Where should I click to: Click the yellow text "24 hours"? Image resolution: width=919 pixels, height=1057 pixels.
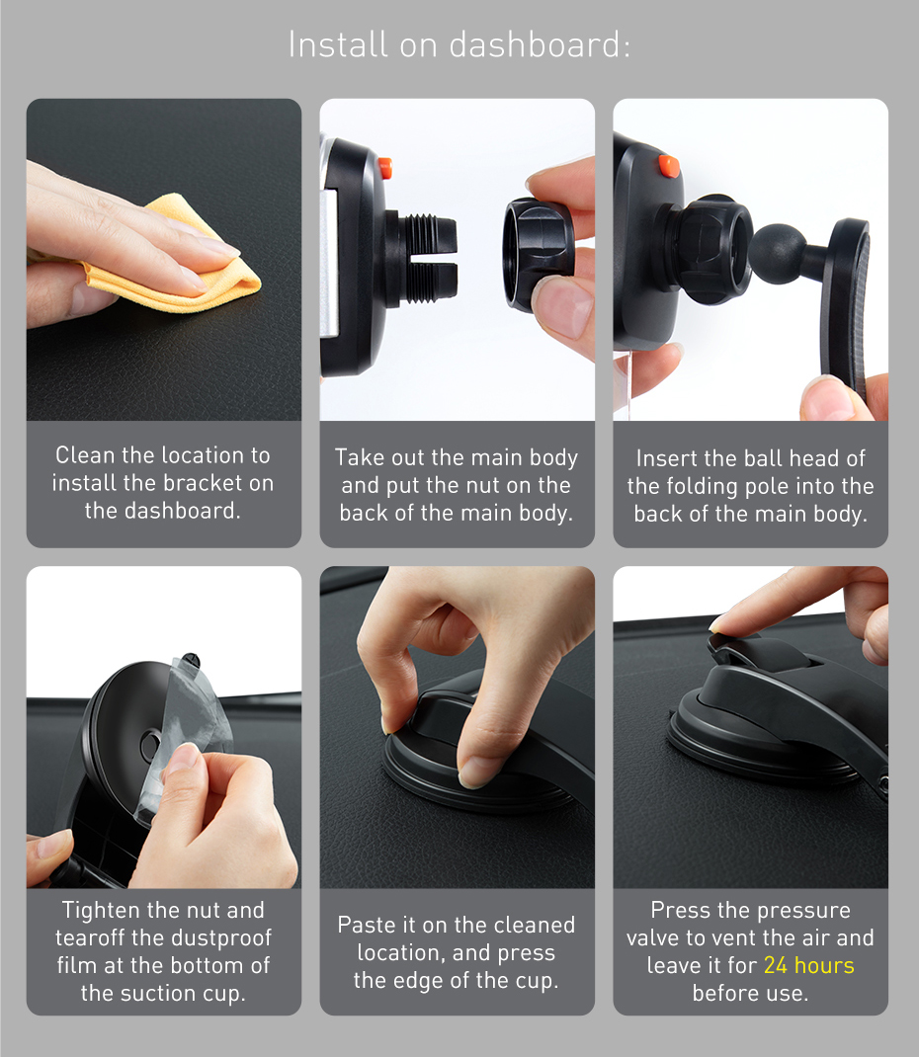coord(808,965)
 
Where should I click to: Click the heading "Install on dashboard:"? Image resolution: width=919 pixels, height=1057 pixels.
coord(459,44)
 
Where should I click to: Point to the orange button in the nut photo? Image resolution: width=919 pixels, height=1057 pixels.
coord(384,168)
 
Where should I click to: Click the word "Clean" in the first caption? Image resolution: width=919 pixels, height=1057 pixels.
coord(85,455)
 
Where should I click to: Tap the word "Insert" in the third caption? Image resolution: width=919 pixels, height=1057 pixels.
coord(667,458)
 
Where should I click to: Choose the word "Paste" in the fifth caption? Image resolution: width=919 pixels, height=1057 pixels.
coord(367,925)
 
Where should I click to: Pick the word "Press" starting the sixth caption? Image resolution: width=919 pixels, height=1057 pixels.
coord(679,910)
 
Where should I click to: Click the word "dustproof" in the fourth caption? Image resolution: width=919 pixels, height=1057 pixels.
coord(222,937)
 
